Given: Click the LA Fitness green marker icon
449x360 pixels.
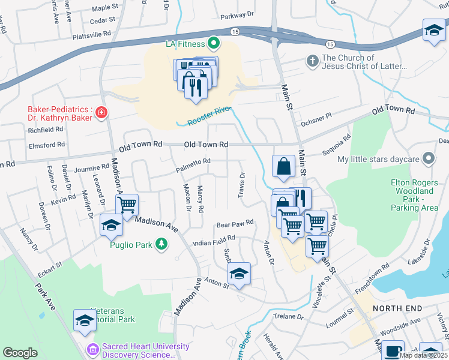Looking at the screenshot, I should point(213,43).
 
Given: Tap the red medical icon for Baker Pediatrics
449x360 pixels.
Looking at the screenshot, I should point(101,112).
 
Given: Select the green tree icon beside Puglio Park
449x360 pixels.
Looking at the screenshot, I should point(161,244).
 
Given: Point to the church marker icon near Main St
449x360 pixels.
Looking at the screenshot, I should point(312,61).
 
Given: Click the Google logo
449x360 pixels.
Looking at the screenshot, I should point(20,353).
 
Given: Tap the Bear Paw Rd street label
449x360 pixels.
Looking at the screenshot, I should point(235,223).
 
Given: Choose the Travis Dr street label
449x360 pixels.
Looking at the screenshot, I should point(243,184).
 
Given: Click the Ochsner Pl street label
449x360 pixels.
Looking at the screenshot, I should point(315,116).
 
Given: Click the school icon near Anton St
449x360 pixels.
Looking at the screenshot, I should point(239,274).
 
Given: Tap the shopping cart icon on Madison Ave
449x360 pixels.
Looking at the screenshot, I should point(127,205).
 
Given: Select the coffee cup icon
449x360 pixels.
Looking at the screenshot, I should point(394,350).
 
